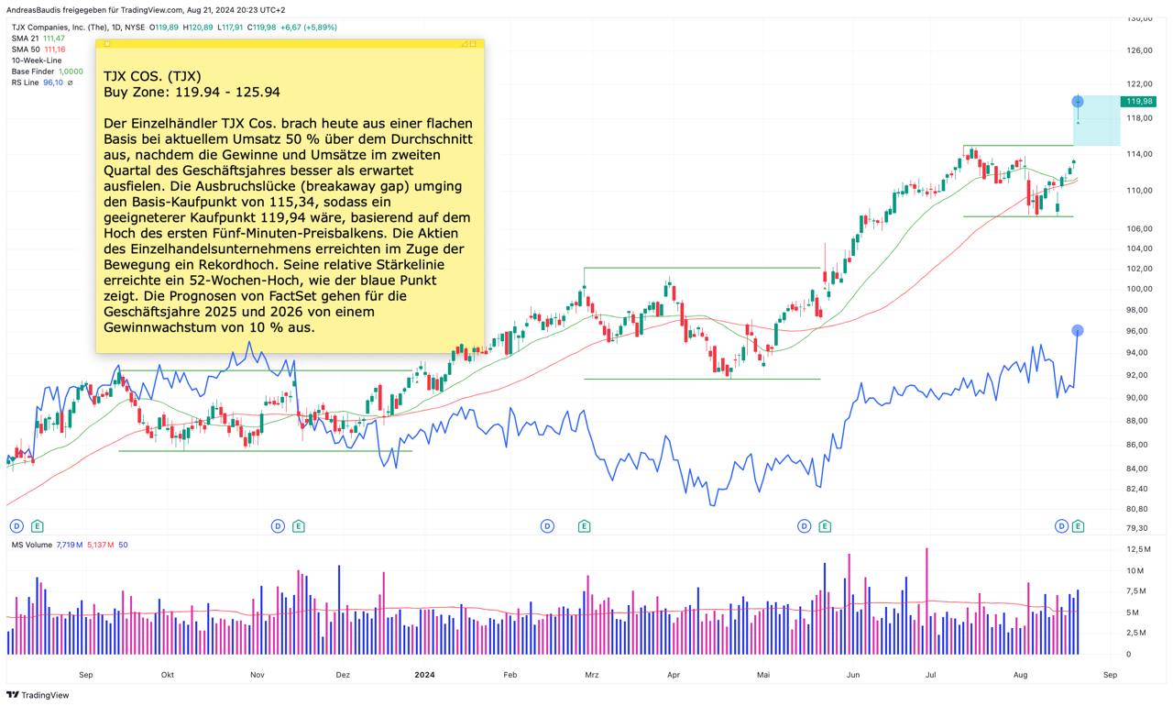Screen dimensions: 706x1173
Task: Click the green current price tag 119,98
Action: (x=1138, y=102)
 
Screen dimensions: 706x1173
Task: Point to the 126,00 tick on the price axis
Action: (x=1139, y=50)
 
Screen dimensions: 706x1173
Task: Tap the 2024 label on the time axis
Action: (x=424, y=675)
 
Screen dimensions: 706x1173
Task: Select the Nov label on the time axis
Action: (x=257, y=675)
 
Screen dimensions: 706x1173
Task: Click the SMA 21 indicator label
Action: (x=26, y=39)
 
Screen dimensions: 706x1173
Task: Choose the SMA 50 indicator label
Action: (x=26, y=50)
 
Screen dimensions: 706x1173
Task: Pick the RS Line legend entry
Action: (x=25, y=83)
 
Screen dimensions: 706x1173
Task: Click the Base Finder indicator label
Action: (x=33, y=72)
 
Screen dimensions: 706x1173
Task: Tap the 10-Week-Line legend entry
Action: (x=37, y=61)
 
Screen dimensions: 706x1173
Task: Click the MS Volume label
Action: (x=31, y=545)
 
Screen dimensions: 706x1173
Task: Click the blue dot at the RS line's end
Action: (x=1078, y=330)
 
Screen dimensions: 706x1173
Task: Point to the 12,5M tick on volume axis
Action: (x=1139, y=549)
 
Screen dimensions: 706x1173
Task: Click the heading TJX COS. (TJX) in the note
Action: (x=152, y=75)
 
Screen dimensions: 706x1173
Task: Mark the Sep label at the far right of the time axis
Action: (x=1110, y=675)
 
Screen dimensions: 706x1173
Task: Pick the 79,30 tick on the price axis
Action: (x=1138, y=528)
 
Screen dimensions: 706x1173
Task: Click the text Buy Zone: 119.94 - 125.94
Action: (x=192, y=92)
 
